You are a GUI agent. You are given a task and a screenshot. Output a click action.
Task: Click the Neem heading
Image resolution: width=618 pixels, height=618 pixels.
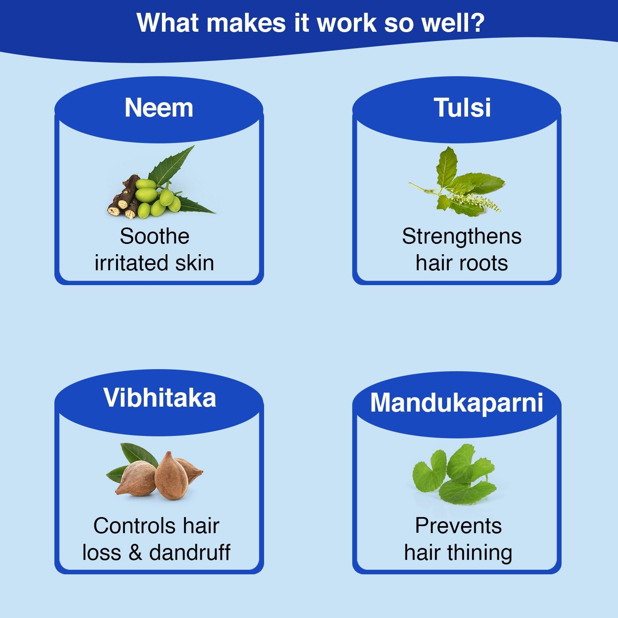coord(159,108)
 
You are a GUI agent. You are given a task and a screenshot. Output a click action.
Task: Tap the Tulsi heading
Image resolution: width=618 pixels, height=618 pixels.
coord(462,108)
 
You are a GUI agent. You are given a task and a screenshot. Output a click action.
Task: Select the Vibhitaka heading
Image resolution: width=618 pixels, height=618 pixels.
coord(159,398)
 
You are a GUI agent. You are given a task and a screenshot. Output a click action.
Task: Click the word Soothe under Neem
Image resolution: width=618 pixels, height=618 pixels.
coord(154,236)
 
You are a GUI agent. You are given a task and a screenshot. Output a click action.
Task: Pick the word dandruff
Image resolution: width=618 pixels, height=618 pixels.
coord(190,552)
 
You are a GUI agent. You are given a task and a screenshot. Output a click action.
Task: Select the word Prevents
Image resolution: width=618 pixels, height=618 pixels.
coord(458,526)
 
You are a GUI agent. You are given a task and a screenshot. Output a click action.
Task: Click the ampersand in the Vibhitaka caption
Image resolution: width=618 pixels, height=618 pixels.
coord(135,552)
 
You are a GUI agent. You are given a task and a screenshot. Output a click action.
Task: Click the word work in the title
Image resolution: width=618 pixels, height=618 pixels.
coord(346,23)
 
